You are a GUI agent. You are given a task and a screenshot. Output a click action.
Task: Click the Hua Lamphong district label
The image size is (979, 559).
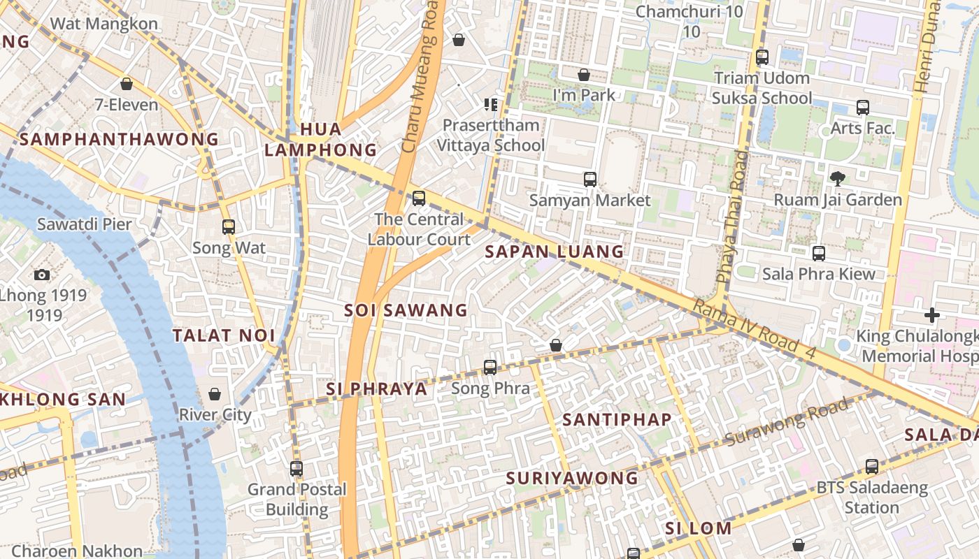(x=321, y=140)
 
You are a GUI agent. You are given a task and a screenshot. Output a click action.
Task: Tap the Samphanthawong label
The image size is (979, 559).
(x=119, y=139)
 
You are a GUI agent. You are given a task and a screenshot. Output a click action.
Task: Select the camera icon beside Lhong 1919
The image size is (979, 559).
(x=42, y=275)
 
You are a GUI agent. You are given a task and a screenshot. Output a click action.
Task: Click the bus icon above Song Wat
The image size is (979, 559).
(x=229, y=227)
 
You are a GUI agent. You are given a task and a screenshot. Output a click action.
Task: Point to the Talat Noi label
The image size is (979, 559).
(x=224, y=335)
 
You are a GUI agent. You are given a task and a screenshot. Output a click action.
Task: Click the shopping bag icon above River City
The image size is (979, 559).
(x=215, y=394)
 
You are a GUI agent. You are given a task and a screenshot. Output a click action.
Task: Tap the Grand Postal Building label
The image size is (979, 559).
(x=297, y=499)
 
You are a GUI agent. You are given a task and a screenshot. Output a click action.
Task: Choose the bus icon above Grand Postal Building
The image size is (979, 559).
(x=296, y=469)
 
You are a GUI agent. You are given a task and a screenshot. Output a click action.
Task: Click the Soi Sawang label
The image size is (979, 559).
(x=406, y=310)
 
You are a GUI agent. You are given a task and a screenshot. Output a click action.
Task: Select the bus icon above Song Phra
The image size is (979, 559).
(x=490, y=368)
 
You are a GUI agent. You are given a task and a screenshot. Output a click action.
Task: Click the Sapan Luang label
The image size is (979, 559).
(x=554, y=252)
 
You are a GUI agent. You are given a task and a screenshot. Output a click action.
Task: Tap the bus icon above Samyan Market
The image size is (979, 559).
(x=590, y=180)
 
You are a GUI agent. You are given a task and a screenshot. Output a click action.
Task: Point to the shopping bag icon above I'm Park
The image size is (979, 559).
(x=584, y=75)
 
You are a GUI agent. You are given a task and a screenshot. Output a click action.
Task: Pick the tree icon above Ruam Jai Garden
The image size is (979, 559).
(x=837, y=179)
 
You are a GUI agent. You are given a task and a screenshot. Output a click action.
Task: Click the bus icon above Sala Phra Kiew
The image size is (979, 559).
(x=819, y=254)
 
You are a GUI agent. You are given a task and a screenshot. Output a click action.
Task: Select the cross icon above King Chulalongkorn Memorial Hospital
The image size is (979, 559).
(x=931, y=315)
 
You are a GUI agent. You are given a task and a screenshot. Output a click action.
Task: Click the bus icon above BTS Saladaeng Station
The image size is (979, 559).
(x=871, y=467)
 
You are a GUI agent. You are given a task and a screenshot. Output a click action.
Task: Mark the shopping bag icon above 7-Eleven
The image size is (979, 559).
(x=127, y=85)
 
